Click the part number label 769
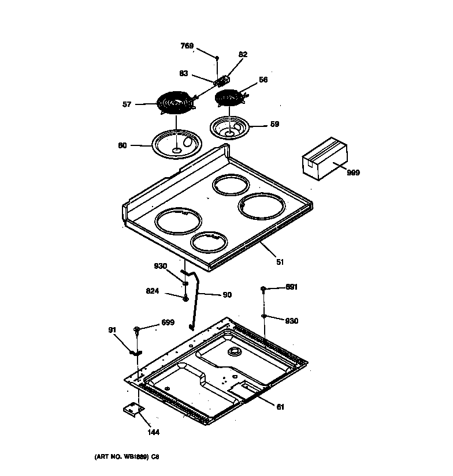point(187,46)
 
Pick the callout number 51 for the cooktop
point(280,262)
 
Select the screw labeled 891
point(263,288)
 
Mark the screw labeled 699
point(137,329)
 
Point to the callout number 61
point(280,407)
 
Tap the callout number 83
point(183,73)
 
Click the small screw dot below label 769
point(217,58)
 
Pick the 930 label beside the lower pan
point(291,321)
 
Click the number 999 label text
point(352,173)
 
